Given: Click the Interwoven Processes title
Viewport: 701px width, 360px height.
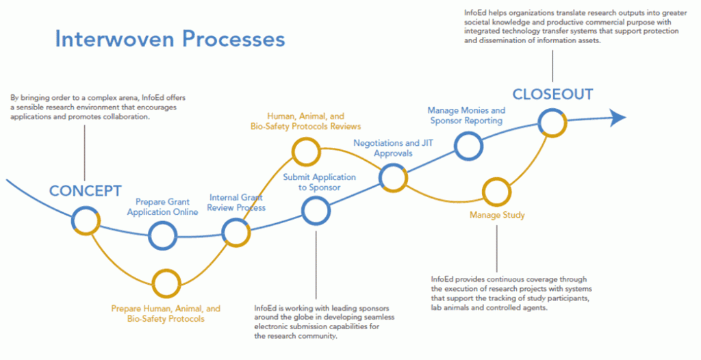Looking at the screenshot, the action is (170, 39).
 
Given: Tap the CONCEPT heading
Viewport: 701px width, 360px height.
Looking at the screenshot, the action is (85, 191).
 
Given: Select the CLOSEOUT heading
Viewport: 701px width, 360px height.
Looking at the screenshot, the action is (552, 94).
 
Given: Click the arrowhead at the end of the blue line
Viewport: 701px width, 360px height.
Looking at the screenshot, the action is (618, 118).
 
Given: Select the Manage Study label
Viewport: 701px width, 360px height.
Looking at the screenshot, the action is (497, 215).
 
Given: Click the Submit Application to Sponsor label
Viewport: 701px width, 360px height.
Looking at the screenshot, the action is (319, 182).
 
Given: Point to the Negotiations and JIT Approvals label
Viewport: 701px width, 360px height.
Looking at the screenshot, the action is (394, 148).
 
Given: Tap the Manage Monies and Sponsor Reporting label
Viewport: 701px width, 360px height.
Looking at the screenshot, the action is (466, 116).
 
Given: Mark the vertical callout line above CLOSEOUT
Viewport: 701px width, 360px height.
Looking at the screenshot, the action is (552, 66).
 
